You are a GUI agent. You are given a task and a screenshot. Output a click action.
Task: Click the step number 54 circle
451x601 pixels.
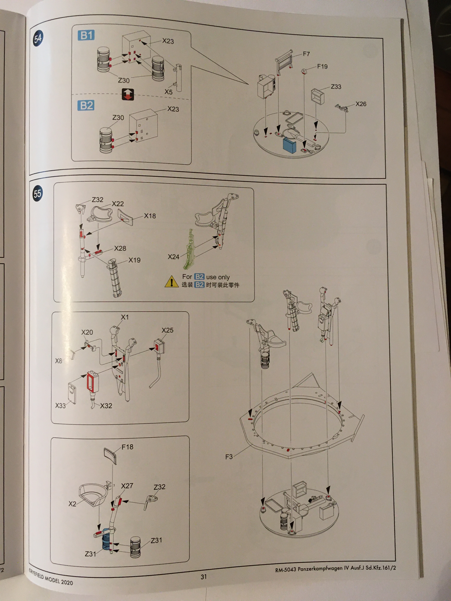pos(38,38)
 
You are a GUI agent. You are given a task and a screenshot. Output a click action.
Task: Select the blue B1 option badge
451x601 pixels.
pos(86,35)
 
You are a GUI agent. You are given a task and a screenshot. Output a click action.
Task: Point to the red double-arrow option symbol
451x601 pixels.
pos(128,94)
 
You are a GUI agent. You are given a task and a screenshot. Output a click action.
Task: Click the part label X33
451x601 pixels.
pos(60,406)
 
